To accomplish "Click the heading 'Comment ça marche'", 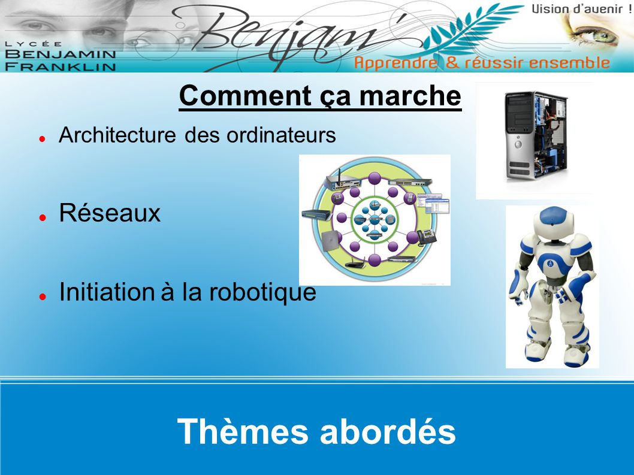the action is tap(320, 96).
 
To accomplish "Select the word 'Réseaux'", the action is tap(110, 213).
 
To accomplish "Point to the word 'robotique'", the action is tap(262, 292).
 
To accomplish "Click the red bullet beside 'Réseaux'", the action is tap(42, 217).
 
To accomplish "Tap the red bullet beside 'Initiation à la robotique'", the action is tap(42, 297).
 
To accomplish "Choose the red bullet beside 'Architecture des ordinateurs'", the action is tap(42, 138).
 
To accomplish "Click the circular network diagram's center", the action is tap(375, 220).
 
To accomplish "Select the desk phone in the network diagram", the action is tap(427, 237).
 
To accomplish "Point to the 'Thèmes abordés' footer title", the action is tap(316, 431).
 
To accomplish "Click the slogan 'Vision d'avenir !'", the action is tap(581, 9).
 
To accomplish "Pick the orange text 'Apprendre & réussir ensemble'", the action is tap(482, 63).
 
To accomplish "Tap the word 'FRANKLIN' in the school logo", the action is tap(61, 66).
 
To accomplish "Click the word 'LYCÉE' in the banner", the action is tap(34, 44).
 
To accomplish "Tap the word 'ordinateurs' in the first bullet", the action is tap(281, 135).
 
